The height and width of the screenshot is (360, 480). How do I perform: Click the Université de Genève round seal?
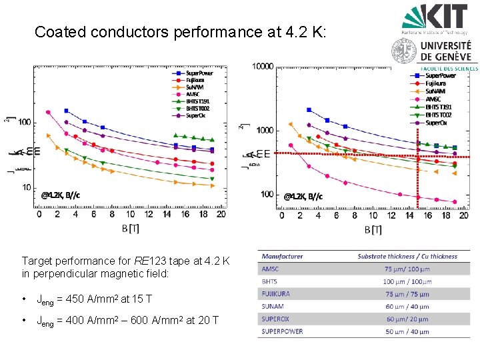pyautogui.click(x=404, y=51)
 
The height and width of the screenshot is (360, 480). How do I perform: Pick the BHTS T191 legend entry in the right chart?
pyautogui.click(x=436, y=107)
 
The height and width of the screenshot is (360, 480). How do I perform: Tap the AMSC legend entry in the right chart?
pyautogui.click(x=431, y=99)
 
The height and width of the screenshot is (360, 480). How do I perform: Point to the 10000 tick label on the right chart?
pyautogui.click(x=263, y=66)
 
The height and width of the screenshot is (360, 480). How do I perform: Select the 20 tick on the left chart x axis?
pyautogui.click(x=221, y=214)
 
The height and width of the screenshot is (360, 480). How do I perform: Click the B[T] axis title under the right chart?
pyautogui.click(x=373, y=230)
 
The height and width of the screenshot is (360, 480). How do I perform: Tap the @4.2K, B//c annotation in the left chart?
pyautogui.click(x=61, y=195)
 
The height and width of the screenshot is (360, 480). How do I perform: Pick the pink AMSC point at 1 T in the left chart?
pyautogui.click(x=47, y=112)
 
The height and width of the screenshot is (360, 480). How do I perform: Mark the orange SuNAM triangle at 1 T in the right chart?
pyautogui.click(x=291, y=124)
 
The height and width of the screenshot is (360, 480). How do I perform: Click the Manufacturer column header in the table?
pyautogui.click(x=282, y=256)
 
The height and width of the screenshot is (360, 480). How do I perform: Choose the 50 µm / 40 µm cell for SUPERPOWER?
pyautogui.click(x=407, y=331)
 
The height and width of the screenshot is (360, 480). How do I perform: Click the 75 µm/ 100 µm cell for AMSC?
pyautogui.click(x=407, y=269)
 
